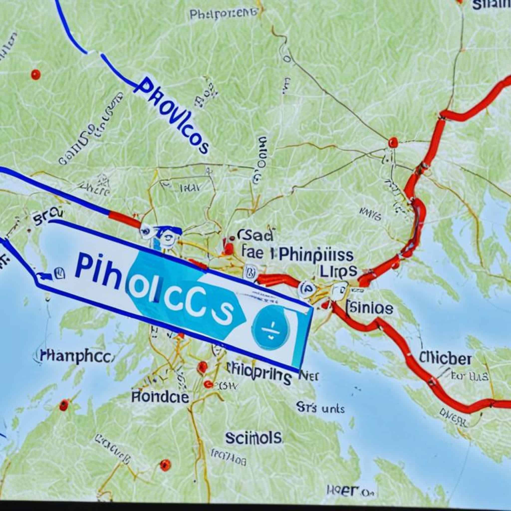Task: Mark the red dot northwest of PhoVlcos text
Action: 35,74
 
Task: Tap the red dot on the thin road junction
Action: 393,142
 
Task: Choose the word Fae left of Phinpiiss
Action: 253,253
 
